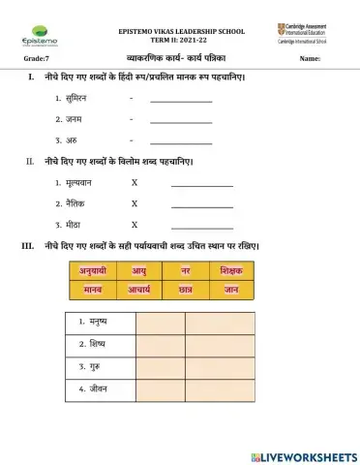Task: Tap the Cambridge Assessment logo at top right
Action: (306, 35)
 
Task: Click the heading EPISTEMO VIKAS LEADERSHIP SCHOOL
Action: (181, 31)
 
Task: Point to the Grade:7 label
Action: (34, 60)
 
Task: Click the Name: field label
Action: (310, 60)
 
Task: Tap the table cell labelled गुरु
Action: (101, 367)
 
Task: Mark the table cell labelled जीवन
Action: (101, 389)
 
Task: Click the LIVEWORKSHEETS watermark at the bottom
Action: (302, 454)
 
